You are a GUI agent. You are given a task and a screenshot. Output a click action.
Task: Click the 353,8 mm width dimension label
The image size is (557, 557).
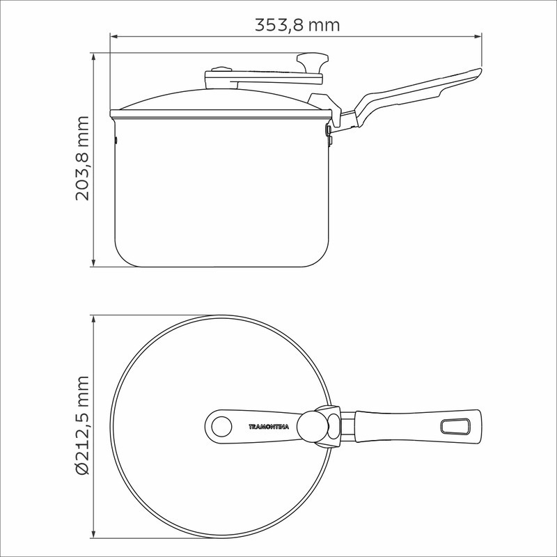point(297,25)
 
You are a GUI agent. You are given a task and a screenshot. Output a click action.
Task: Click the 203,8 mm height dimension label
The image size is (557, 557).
point(82,158)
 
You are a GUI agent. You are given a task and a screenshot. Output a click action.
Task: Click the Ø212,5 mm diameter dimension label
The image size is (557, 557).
point(82,425)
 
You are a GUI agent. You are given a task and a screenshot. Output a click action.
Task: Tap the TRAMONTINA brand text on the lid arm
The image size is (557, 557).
point(269,427)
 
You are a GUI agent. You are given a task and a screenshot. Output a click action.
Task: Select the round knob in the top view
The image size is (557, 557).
point(312,426)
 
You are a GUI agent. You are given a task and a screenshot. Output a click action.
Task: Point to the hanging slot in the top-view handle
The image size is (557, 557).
point(455,426)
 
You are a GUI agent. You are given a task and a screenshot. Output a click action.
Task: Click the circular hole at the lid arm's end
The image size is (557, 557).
point(221,427)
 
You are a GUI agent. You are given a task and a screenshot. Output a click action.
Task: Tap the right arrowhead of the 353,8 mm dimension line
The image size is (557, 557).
point(478,36)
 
